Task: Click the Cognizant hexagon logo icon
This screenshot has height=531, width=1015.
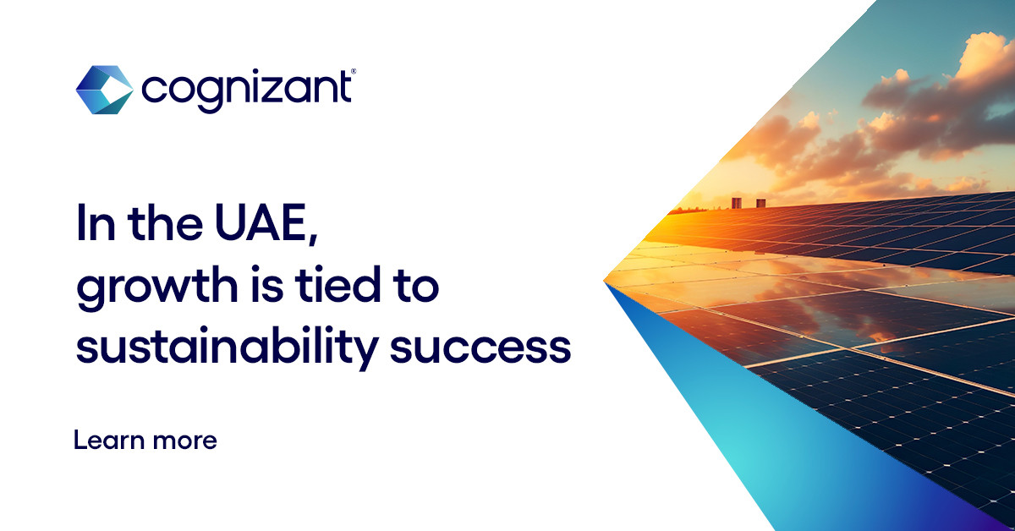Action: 104,90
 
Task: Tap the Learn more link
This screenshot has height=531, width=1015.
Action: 145,440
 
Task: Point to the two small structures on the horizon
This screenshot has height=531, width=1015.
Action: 748,203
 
